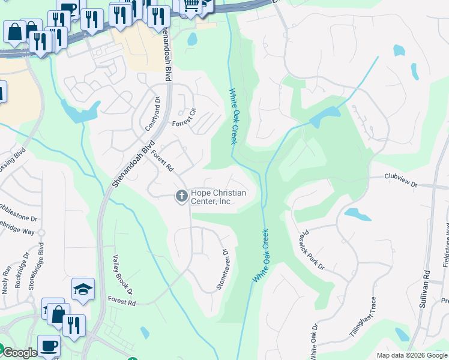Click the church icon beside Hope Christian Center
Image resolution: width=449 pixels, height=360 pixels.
[x=181, y=196]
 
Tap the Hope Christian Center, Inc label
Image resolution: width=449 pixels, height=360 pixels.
[x=218, y=197]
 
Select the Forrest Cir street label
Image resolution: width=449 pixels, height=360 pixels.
[x=184, y=117]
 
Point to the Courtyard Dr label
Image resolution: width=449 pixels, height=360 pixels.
[x=153, y=114]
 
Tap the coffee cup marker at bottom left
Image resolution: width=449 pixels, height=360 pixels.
[x=49, y=345]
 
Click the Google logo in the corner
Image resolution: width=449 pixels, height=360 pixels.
[x=19, y=353]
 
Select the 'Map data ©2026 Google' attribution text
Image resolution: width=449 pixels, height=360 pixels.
[x=411, y=355]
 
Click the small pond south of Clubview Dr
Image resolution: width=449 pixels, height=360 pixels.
[x=355, y=214]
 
